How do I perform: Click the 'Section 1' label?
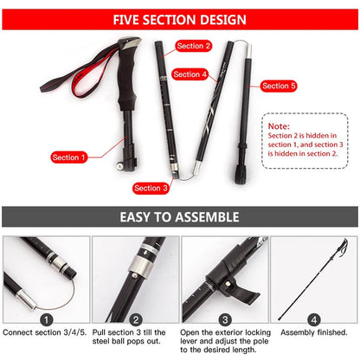pos(69,157)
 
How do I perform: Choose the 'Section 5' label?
pos(279,86)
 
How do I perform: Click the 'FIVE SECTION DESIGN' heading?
pos(180,18)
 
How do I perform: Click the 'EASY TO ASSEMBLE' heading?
pos(180,217)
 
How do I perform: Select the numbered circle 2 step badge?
pos(135,318)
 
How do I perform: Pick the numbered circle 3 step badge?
pos(224,318)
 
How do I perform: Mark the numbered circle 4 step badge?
pos(314,318)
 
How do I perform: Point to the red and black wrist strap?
pos(65,82)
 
